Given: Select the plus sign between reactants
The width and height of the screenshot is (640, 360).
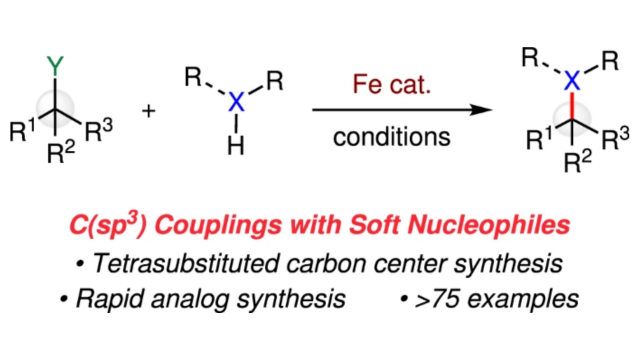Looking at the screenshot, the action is point(151,109).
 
